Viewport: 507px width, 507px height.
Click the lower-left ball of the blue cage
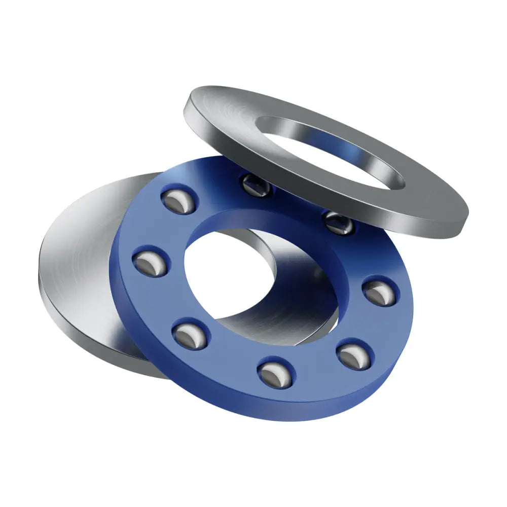[x=191, y=335]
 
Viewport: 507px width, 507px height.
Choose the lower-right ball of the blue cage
[x=354, y=355]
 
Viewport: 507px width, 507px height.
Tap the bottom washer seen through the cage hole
[x=284, y=309]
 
